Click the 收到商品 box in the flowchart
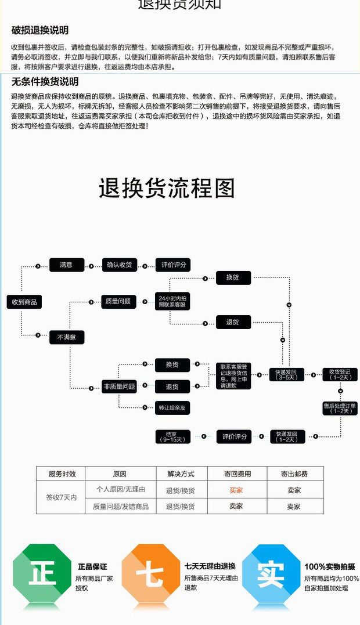point(24,302)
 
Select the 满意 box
point(66,265)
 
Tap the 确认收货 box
point(118,265)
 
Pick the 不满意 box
point(66,337)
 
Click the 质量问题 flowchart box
point(118,301)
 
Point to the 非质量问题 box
point(119,386)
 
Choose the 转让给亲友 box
point(172,408)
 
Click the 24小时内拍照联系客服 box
point(172,301)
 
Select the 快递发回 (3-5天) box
point(286,374)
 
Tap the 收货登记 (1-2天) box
point(340,374)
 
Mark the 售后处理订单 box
point(340,407)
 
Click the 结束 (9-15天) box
point(172,436)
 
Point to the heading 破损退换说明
point(39,30)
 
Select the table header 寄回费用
point(236,474)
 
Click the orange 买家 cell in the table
point(236,490)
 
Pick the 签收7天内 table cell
point(61,497)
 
